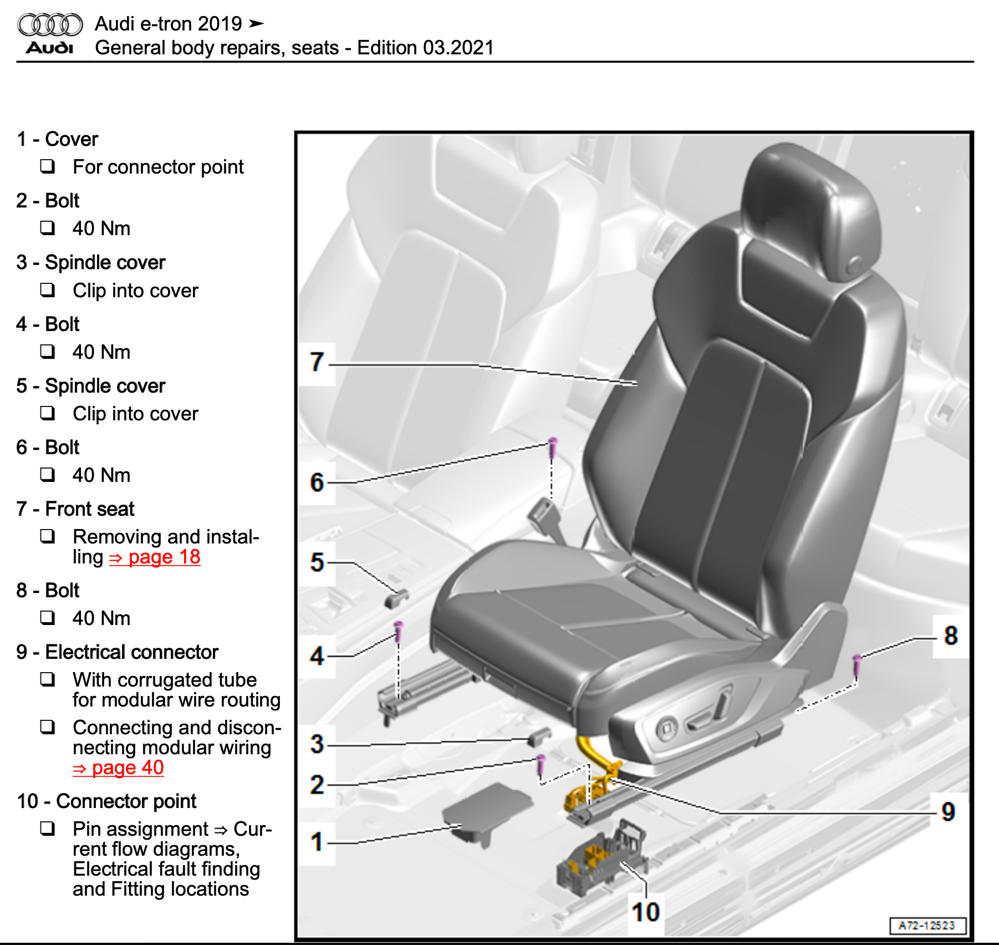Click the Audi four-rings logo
pos(50,24)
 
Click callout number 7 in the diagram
pos(317,363)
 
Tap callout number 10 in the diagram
pos(645,912)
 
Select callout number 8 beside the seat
pos(951,636)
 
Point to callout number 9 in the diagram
pos(948,812)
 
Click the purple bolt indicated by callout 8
pos(857,664)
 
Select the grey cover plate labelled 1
pos(486,810)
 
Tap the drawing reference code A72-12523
pos(927,926)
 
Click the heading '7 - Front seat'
pos(75,509)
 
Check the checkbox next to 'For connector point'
pos(48,166)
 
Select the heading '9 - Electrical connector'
pos(118,652)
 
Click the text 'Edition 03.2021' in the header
pos(425,48)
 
